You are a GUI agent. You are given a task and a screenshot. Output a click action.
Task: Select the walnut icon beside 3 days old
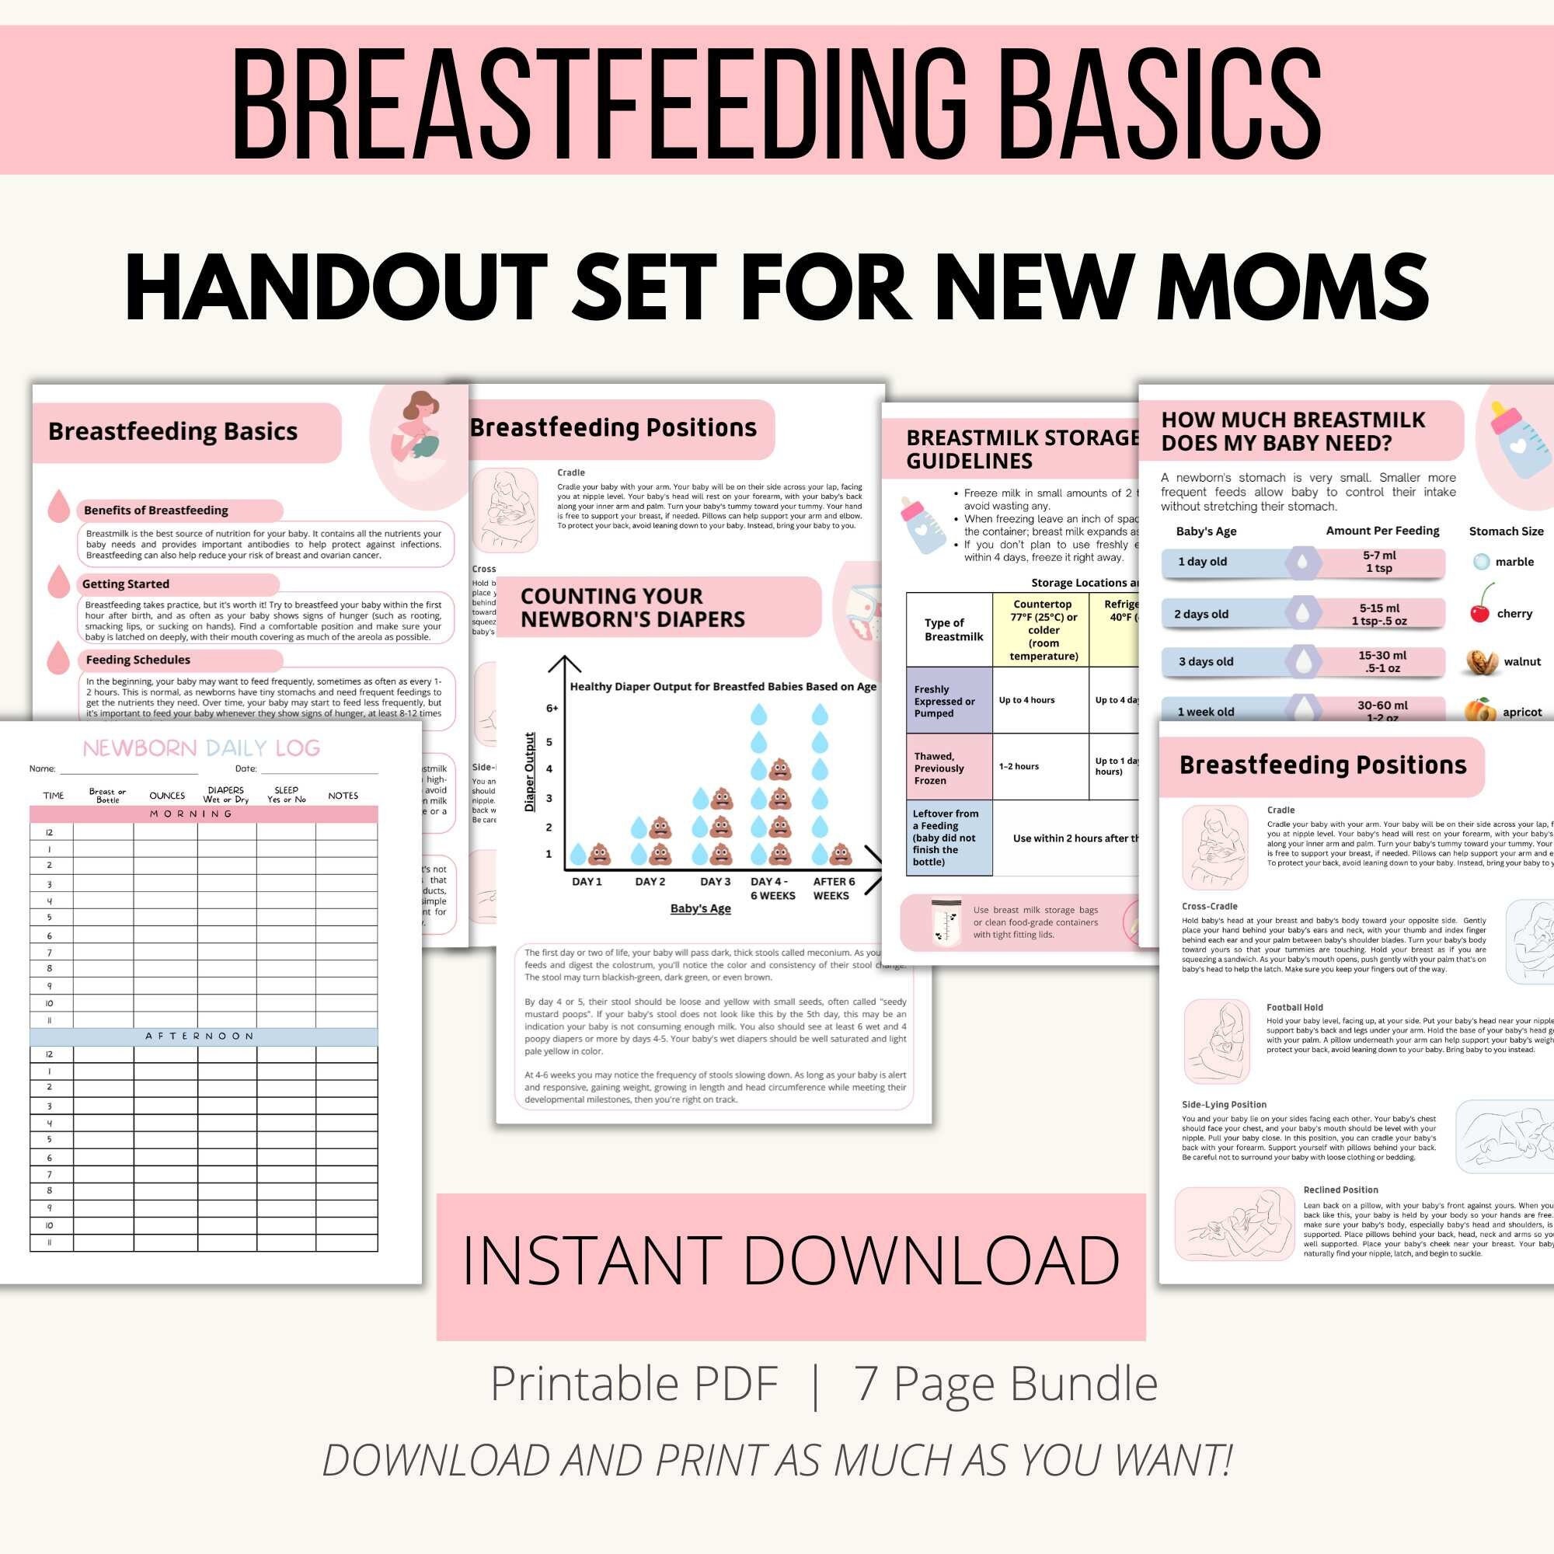[x=1481, y=661]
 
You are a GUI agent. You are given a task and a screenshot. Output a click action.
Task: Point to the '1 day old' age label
[x=1202, y=562]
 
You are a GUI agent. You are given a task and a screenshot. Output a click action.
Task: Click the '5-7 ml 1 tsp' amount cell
[x=1378, y=562]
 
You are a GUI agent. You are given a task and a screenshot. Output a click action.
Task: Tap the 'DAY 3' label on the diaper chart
[x=715, y=882]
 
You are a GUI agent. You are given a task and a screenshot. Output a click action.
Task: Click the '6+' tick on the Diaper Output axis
[x=552, y=709]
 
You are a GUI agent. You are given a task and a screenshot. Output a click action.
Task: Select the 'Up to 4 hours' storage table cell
[x=1026, y=700]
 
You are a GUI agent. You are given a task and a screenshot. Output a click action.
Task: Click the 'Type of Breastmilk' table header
[x=953, y=629]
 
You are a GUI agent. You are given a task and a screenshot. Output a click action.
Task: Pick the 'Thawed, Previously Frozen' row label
[x=939, y=768]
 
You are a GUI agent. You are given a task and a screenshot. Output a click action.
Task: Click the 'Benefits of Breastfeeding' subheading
[x=155, y=510]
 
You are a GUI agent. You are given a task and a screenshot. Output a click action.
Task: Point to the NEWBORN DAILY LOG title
[x=201, y=748]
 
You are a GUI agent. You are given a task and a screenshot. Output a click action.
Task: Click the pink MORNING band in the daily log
[x=203, y=814]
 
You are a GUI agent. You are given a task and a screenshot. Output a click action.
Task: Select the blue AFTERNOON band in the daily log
[x=203, y=1036]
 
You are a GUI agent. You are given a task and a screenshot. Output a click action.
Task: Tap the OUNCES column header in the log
[x=166, y=796]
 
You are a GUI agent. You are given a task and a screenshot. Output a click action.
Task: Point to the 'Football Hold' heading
[x=1294, y=1007]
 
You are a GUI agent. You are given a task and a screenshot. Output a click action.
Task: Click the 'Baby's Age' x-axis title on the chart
[x=701, y=909]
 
